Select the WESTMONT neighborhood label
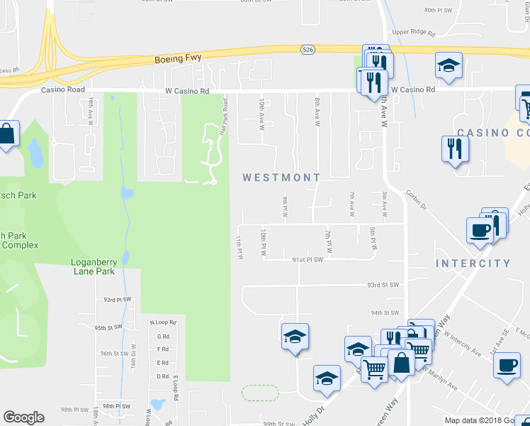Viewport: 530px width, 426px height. click(281, 177)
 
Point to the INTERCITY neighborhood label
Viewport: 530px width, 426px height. click(473, 263)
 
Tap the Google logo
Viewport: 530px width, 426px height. click(23, 417)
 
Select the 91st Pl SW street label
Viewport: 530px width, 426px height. click(308, 260)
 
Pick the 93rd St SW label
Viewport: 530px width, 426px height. click(383, 285)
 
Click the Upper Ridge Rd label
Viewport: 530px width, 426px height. click(412, 32)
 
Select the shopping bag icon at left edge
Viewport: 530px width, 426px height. click(6, 133)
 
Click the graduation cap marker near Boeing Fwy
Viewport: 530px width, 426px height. click(449, 66)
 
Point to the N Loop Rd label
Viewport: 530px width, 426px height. click(162, 322)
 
